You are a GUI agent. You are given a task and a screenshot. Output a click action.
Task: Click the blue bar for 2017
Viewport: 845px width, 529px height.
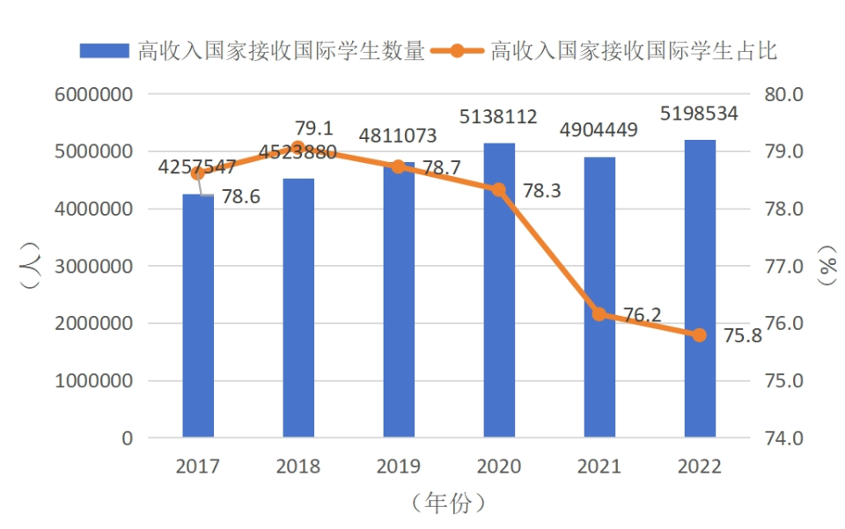[198, 317]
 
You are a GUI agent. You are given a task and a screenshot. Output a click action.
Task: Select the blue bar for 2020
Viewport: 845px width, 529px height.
[499, 290]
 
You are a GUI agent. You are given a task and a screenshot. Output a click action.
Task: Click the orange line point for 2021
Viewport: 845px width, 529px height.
[599, 313]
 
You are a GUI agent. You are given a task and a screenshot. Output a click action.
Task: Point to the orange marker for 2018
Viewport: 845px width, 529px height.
[298, 148]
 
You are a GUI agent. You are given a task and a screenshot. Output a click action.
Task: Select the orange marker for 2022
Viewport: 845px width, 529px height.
[700, 334]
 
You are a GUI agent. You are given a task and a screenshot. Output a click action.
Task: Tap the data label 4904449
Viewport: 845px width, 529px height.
[599, 130]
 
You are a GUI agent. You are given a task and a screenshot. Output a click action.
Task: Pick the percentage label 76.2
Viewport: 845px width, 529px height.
[643, 315]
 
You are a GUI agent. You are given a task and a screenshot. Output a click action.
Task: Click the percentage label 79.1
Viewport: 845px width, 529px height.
[313, 128]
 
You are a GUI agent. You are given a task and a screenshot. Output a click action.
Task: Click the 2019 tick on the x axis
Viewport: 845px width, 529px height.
[398, 467]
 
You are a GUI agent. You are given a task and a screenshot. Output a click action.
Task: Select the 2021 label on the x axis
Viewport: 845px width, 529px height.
[599, 467]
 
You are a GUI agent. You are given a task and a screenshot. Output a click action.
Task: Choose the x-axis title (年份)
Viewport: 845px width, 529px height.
[448, 503]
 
